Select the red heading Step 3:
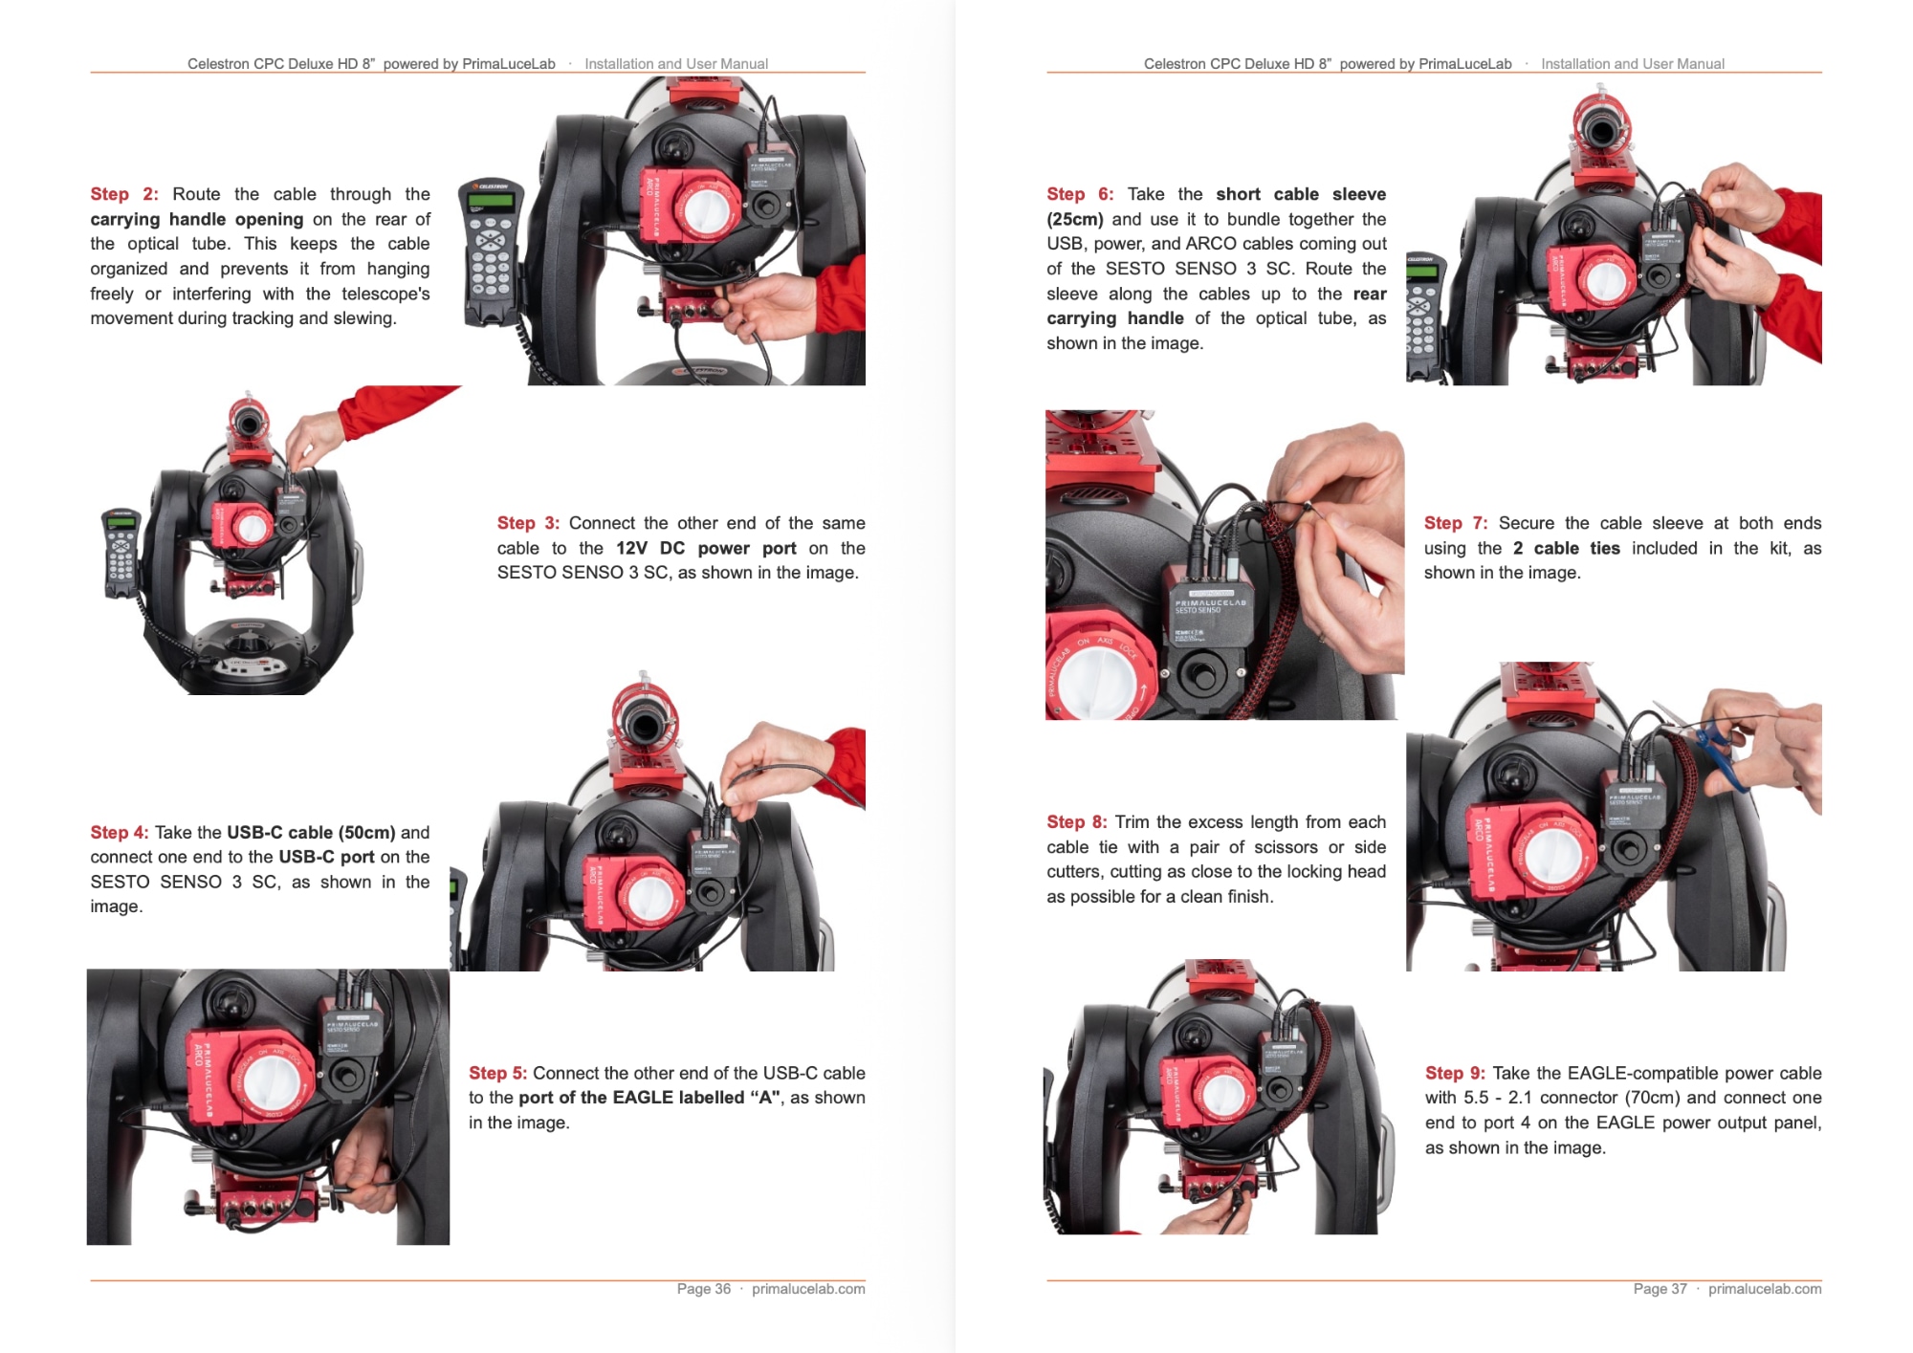pyautogui.click(x=528, y=523)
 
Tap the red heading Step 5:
pyautogui.click(x=497, y=1073)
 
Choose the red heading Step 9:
pyautogui.click(x=1455, y=1073)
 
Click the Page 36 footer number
pyautogui.click(x=703, y=1289)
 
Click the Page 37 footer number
pyautogui.click(x=1660, y=1289)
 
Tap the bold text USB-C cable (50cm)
pyautogui.click(x=311, y=832)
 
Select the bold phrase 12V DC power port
pyautogui.click(x=706, y=548)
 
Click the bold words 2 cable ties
pyautogui.click(x=1567, y=548)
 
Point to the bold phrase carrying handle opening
pyautogui.click(x=197, y=219)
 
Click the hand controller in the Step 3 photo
pyautogui.click(x=122, y=555)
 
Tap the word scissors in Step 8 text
pyautogui.click(x=1286, y=847)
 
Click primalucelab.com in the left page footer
pyautogui.click(x=808, y=1289)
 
